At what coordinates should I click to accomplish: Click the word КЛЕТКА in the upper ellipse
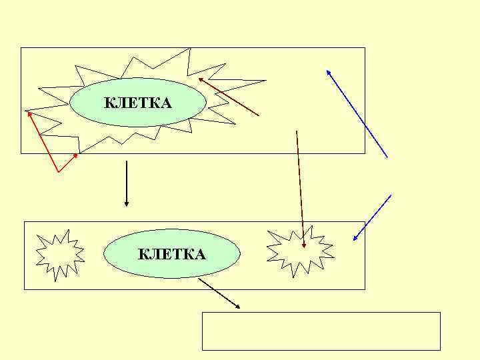[138, 103]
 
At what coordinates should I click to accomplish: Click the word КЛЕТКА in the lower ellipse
[171, 254]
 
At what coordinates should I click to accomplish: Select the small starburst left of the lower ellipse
[59, 253]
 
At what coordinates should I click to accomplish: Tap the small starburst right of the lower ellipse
[299, 249]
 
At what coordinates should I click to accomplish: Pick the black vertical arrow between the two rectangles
[126, 183]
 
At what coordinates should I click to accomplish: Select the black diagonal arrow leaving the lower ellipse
[219, 293]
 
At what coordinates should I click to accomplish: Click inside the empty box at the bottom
[321, 331]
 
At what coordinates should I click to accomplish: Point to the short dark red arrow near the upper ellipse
[229, 97]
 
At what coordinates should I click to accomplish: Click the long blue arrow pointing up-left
[357, 113]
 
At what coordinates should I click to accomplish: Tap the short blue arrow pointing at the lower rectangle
[372, 217]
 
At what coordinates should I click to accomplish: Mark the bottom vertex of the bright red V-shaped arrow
[59, 172]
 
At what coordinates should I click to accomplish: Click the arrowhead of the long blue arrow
[327, 71]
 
